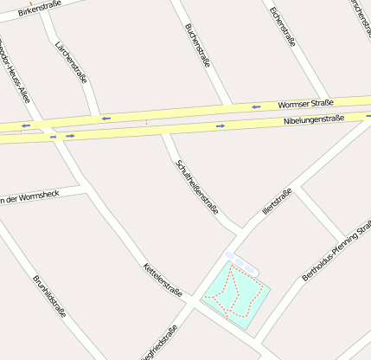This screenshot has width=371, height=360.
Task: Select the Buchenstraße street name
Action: (197, 45)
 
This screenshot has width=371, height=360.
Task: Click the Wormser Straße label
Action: (305, 104)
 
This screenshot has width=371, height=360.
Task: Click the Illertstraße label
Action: (277, 202)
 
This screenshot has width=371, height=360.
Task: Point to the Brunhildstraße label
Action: (49, 296)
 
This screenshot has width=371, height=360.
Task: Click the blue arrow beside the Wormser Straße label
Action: (256, 107)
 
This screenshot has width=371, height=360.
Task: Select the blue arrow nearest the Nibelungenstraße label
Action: (221, 126)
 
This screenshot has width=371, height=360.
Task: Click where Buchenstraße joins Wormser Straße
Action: (227, 106)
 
